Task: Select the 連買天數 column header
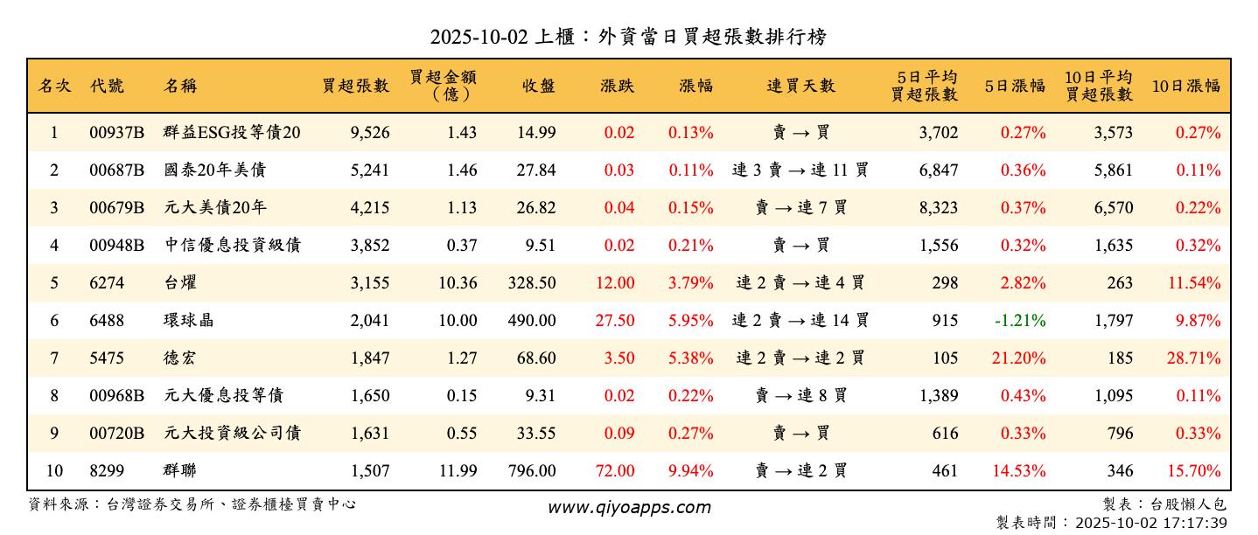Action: coord(800,86)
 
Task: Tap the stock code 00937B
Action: coord(116,133)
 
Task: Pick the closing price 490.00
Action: coord(531,321)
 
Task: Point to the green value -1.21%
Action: coord(1019,321)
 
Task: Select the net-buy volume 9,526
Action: coord(369,133)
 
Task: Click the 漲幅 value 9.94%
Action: coord(690,471)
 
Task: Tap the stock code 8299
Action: coord(106,471)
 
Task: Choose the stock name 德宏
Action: coord(179,358)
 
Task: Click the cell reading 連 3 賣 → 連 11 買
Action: coord(800,170)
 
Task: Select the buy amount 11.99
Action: coord(458,471)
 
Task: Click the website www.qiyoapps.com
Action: coord(629,507)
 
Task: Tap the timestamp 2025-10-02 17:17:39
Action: coord(1151,523)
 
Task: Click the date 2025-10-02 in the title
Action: coord(479,37)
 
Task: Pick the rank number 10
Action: coord(54,471)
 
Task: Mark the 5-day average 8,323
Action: coord(938,208)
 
